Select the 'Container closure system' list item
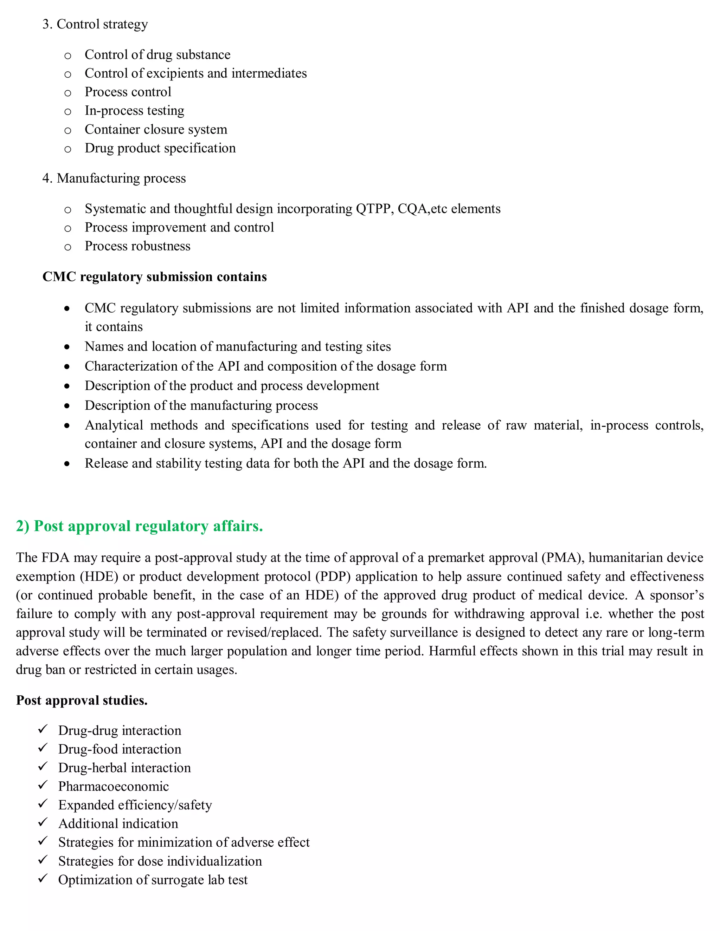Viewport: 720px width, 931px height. [x=156, y=129]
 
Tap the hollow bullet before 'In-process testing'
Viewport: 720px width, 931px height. [x=67, y=112]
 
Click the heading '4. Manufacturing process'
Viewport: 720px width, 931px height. [x=114, y=178]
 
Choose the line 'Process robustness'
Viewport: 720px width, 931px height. [x=137, y=246]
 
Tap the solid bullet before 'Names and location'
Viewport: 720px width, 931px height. [x=67, y=347]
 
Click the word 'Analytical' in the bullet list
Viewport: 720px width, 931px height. [x=114, y=425]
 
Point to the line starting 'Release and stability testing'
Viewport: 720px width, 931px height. [x=285, y=463]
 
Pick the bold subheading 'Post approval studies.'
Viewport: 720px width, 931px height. [x=82, y=701]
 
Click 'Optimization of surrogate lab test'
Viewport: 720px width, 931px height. [x=153, y=880]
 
